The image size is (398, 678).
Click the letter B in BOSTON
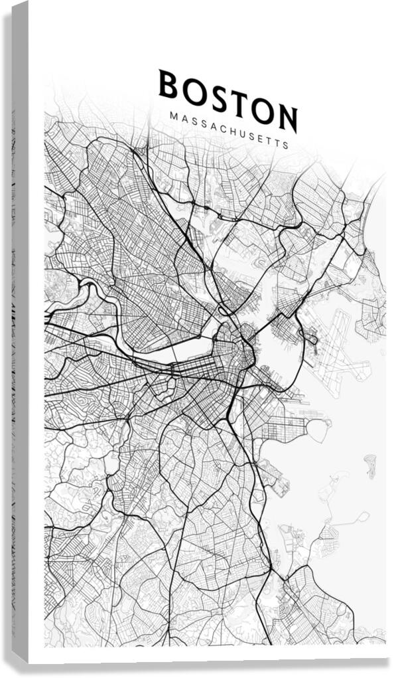tap(168, 85)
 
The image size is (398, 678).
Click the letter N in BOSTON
tap(287, 120)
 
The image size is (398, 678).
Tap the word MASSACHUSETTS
tap(229, 129)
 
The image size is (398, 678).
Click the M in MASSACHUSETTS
tap(173, 116)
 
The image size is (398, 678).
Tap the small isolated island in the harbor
tap(370, 465)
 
